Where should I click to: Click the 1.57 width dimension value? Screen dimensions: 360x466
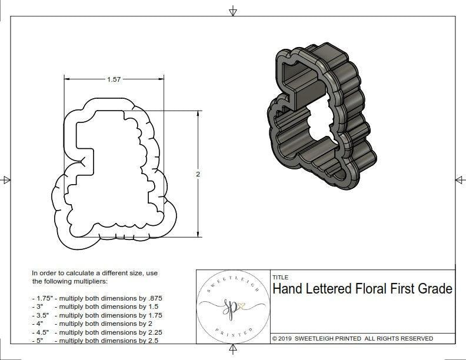coord(114,80)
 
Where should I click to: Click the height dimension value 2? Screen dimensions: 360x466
coord(198,174)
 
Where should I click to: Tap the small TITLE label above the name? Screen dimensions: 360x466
coord(280,277)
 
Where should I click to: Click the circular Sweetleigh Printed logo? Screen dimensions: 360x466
coord(231,305)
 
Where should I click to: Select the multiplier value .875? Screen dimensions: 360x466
coord(154,299)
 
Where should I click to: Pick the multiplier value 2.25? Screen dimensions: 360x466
coord(153,332)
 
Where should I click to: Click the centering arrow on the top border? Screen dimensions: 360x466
coord(233,11)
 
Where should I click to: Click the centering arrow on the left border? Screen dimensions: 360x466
coord(6,180)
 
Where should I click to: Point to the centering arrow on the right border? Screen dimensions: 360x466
coord(460,180)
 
